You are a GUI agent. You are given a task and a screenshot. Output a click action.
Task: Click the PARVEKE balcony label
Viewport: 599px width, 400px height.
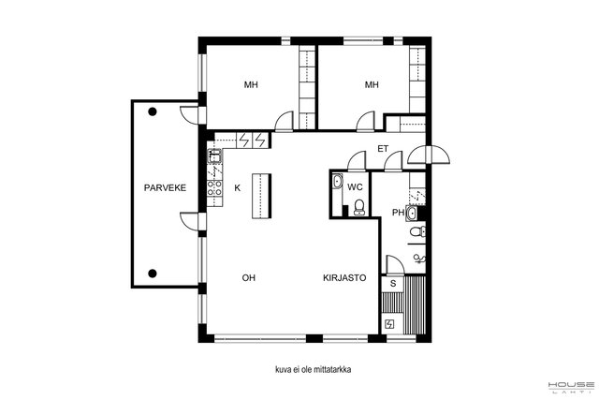(x=165, y=187)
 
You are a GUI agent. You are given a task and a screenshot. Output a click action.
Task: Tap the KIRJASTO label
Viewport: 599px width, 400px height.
(x=344, y=278)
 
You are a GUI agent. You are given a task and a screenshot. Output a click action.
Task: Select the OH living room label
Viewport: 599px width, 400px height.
(x=249, y=278)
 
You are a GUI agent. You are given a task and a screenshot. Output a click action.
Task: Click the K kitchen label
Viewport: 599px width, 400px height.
(x=238, y=188)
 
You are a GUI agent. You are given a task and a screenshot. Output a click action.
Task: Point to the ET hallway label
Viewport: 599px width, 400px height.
(x=383, y=149)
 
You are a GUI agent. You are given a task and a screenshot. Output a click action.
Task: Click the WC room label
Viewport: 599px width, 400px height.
(x=355, y=187)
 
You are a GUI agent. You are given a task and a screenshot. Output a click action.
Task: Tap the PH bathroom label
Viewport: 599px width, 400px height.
(x=398, y=213)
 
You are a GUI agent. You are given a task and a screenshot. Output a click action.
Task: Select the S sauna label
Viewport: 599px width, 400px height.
(x=393, y=284)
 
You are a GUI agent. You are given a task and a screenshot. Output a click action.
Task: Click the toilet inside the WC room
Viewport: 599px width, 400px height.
(x=359, y=207)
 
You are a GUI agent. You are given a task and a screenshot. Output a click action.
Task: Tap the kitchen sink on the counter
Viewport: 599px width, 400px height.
(x=214, y=156)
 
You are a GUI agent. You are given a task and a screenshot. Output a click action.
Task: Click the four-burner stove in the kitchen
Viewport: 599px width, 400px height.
(x=214, y=187)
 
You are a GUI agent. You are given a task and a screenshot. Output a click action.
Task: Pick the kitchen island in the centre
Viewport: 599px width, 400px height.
(x=262, y=196)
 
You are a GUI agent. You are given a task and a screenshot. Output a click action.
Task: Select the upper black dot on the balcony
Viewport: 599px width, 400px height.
(x=153, y=111)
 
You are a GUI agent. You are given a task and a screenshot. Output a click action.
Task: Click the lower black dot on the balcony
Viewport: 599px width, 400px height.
(x=153, y=273)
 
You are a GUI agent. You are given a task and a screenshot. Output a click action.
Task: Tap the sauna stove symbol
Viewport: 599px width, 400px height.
(x=389, y=325)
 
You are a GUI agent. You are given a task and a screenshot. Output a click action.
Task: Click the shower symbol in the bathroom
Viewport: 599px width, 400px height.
(x=419, y=259)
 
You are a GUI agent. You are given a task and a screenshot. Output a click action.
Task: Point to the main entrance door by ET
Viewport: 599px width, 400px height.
(x=429, y=155)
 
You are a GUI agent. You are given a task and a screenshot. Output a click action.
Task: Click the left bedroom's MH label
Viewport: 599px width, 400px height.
(x=251, y=84)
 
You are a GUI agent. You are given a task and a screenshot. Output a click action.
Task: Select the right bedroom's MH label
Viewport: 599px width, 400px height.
(x=372, y=84)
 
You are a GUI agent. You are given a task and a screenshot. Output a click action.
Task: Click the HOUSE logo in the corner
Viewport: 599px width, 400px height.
(x=571, y=387)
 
